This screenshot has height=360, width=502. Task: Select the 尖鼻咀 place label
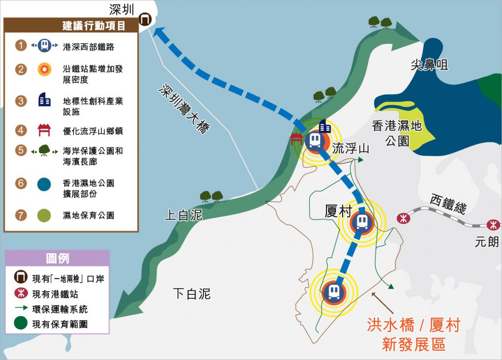tap(429, 64)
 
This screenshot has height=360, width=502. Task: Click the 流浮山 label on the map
tap(351, 149)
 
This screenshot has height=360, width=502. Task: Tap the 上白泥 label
tap(183, 215)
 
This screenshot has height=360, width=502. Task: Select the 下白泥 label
tap(192, 293)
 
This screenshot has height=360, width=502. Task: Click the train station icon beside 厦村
tap(362, 223)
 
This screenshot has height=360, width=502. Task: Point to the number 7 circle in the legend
tap(21, 215)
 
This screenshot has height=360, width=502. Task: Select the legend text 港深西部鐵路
tap(88, 47)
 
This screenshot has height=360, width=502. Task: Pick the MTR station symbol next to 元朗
tap(493, 225)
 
